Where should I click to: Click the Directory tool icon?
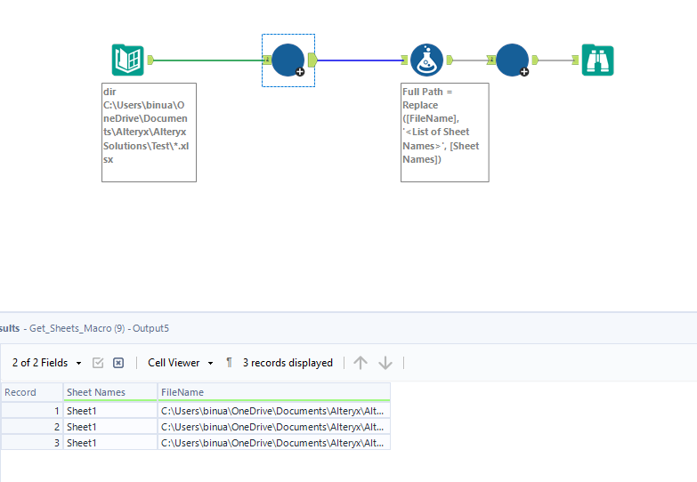(128, 60)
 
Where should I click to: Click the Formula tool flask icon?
(426, 60)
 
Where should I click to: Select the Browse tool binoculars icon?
(597, 60)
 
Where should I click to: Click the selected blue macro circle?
(288, 60)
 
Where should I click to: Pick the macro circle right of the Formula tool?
(512, 60)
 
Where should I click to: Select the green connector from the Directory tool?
(209, 60)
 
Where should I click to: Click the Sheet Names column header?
(96, 392)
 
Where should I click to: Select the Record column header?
(20, 392)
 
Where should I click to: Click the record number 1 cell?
(31, 410)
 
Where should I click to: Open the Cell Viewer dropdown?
(181, 363)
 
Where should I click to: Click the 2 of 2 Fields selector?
(46, 363)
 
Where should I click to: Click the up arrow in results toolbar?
(360, 363)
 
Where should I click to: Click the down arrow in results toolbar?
(385, 363)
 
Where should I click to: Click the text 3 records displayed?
(287, 363)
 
